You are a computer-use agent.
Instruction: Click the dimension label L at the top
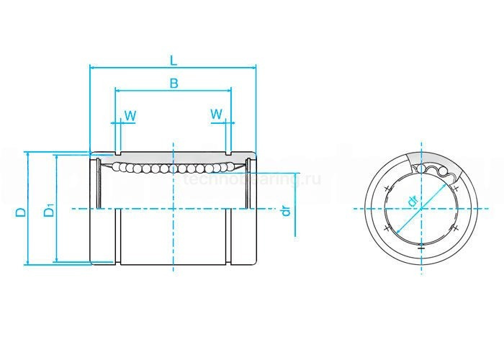pyautogui.click(x=174, y=59)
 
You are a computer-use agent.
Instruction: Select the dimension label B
pyautogui.click(x=174, y=84)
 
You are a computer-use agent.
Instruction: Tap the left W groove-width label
pyautogui.click(x=130, y=115)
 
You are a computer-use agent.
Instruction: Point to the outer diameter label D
pyautogui.click(x=21, y=212)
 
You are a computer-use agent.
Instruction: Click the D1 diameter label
pyautogui.click(x=48, y=212)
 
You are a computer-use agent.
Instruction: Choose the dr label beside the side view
pyautogui.click(x=286, y=210)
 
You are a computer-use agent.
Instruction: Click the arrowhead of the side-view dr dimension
pyautogui.click(x=296, y=176)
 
